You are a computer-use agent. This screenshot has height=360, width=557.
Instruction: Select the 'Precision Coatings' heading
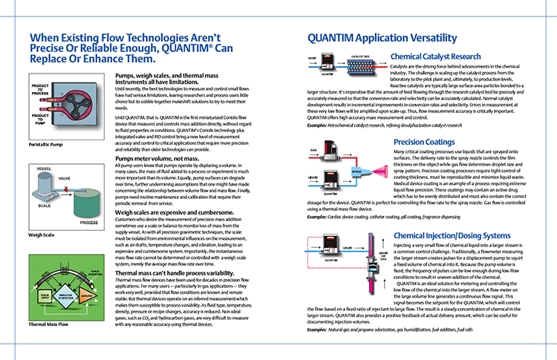tap(425, 141)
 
